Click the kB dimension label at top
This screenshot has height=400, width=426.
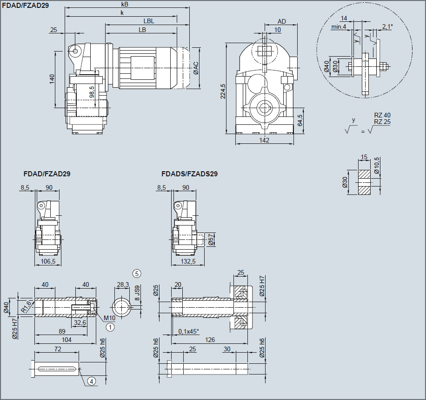(x=124, y=4)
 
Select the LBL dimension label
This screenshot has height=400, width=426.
(x=149, y=21)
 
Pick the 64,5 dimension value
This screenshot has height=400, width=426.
(x=300, y=120)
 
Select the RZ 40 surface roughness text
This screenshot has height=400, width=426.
(x=382, y=115)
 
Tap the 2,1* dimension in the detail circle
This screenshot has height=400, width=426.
(x=387, y=26)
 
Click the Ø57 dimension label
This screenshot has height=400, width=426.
(x=211, y=239)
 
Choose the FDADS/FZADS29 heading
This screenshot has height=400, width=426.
(x=189, y=174)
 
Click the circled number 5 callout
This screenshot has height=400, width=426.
(x=137, y=273)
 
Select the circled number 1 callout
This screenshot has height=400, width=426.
(x=110, y=327)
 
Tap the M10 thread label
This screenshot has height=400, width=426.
(x=109, y=317)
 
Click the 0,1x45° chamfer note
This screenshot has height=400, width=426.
(x=188, y=331)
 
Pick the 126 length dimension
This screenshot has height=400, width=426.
(x=210, y=340)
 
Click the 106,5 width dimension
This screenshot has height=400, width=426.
(x=48, y=261)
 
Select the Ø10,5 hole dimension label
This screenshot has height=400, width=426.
(x=377, y=165)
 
